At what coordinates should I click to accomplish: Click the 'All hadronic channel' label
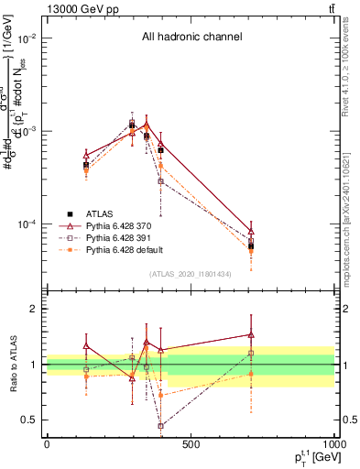pyautogui.click(x=191, y=38)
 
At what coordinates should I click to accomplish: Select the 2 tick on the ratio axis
pyautogui.click(x=35, y=309)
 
